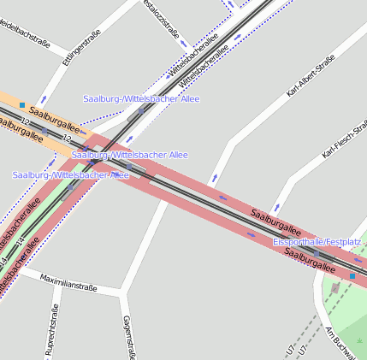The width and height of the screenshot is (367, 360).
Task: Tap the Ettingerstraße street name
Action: coord(81,47)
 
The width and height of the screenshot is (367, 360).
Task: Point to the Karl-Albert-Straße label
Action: coord(310,76)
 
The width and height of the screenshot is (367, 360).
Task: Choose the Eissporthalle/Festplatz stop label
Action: coord(317,242)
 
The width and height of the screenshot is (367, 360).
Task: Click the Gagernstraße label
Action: coord(129,337)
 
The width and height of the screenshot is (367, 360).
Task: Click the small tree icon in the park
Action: coord(361,340)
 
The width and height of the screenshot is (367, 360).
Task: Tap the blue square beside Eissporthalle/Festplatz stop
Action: coord(352,275)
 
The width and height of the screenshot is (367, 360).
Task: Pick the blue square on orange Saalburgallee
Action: coord(22,104)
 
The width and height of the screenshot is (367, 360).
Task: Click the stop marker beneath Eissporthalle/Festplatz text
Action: coord(316,254)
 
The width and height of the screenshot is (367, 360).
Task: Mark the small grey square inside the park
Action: coord(334,288)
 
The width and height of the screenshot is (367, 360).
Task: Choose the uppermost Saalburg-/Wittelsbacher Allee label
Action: coord(141,99)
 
